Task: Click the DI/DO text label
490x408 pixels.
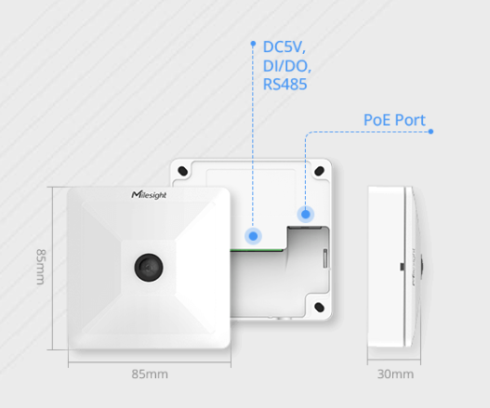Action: (287, 65)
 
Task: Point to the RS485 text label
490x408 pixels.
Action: (285, 84)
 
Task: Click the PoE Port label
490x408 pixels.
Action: (394, 120)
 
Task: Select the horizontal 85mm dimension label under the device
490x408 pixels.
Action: (150, 374)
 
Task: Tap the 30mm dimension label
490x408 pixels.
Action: (396, 374)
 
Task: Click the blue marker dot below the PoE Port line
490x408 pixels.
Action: (305, 215)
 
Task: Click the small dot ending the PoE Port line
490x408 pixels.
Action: (430, 131)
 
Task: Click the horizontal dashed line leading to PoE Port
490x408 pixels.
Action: (372, 131)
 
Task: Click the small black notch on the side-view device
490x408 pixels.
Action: (402, 267)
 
